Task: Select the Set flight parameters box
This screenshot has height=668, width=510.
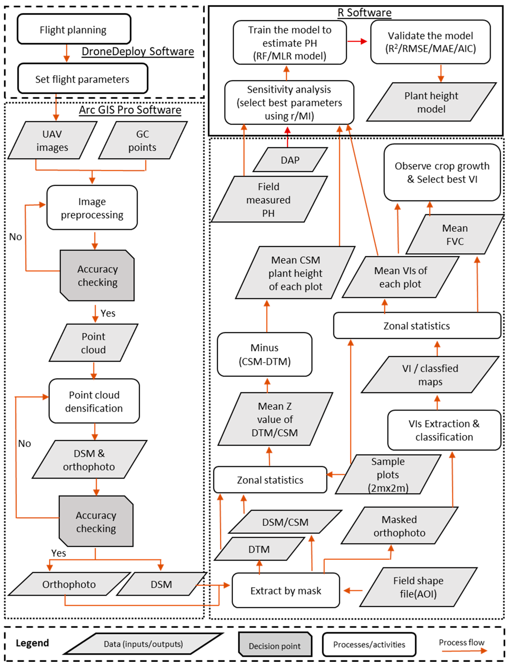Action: click(82, 79)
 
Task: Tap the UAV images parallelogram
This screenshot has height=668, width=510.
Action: click(52, 140)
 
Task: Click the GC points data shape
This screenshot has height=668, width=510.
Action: click(142, 140)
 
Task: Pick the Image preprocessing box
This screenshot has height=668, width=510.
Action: click(92, 208)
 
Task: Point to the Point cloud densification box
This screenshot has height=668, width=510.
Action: click(94, 401)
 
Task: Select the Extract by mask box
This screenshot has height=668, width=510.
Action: click(286, 590)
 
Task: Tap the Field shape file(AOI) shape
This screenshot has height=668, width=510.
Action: click(418, 587)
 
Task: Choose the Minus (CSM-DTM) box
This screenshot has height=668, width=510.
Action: click(264, 354)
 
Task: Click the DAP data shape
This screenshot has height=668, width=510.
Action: click(290, 160)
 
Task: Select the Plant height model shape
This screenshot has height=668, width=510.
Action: click(431, 102)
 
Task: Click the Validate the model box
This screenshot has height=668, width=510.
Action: click(430, 42)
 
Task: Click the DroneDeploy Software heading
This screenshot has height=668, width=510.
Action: click(138, 51)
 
